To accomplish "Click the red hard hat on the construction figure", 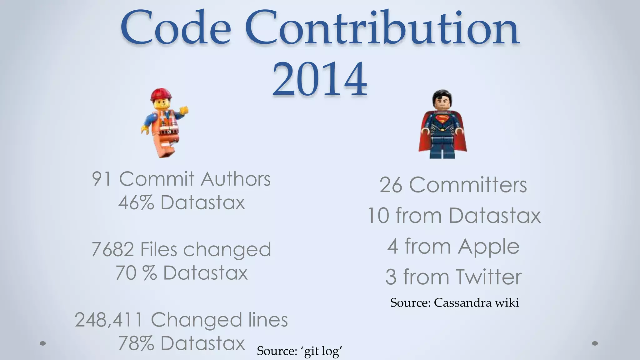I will [161, 94].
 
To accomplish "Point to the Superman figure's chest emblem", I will [442, 119].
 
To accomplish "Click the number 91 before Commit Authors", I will [102, 179].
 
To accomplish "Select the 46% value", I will [136, 202].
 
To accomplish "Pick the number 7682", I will [112, 250].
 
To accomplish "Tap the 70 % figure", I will [136, 273].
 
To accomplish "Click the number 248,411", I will [109, 320].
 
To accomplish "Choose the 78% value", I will [136, 343].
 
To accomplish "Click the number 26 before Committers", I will [391, 185].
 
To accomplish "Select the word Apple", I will [488, 247].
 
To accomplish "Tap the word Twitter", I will [488, 277].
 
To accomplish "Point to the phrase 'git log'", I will [322, 351].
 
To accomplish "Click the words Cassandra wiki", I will [476, 302].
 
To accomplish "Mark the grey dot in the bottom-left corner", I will [43, 343].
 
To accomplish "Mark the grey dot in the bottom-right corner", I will [595, 343].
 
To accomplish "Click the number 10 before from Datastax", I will [378, 216].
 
